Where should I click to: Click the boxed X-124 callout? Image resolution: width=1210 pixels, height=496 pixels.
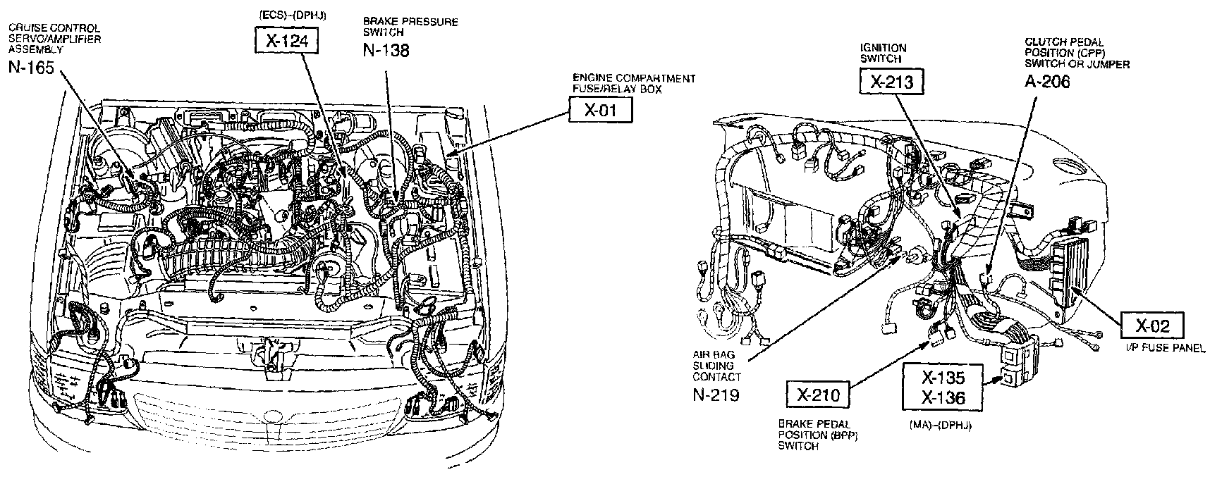(286, 41)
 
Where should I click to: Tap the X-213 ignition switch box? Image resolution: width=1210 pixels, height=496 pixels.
(891, 82)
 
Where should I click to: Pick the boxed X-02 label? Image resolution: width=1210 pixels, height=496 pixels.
(1152, 325)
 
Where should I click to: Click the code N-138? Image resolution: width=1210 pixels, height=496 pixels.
(386, 49)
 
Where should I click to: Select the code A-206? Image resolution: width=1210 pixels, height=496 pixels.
(1047, 81)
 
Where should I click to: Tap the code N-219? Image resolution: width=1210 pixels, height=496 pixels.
(716, 395)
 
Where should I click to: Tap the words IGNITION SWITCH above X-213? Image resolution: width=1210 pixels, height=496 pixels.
(883, 54)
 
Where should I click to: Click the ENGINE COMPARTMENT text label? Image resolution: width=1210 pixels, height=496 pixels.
(634, 78)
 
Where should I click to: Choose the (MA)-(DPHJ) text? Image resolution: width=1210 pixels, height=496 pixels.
(941, 426)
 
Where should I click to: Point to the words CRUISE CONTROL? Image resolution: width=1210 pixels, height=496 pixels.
(54, 28)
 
